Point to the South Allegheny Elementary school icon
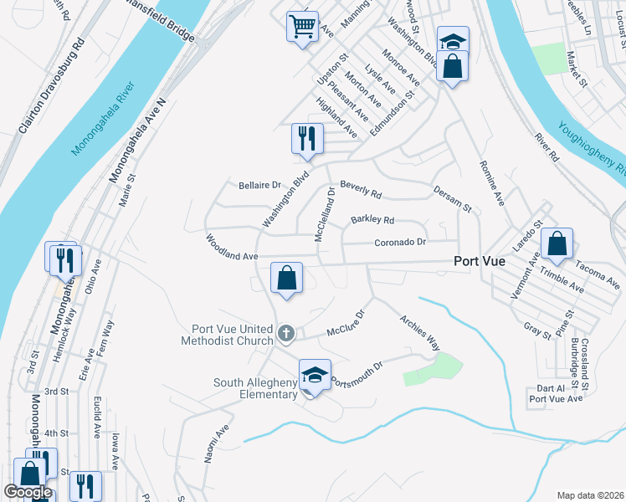315,374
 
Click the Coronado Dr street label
400,242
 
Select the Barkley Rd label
372,220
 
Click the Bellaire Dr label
262,184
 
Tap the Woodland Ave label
232,248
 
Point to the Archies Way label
419,332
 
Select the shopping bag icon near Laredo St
557,243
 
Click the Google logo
27,492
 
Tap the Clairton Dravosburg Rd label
52,85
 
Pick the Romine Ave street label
492,184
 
